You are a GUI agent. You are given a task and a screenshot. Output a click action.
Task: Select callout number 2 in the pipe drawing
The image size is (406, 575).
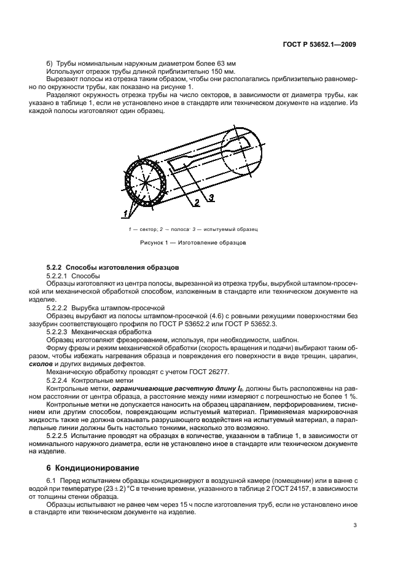(x=197, y=201)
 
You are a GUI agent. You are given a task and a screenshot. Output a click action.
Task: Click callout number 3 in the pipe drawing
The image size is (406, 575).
(x=210, y=197)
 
